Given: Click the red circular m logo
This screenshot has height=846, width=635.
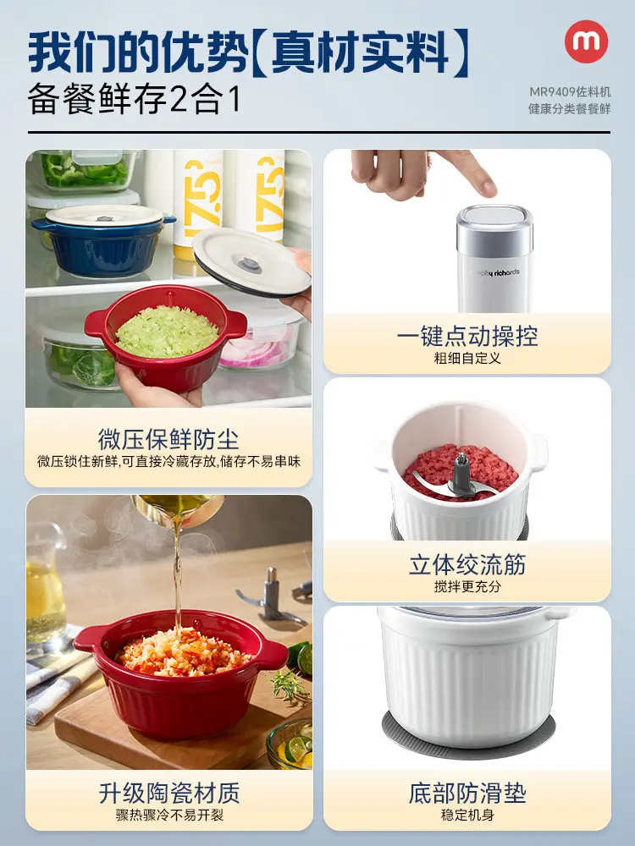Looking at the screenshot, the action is click(587, 41).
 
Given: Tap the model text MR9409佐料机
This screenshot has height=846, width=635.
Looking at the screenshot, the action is click(570, 91).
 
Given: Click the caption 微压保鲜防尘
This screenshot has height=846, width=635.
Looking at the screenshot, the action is click(168, 439).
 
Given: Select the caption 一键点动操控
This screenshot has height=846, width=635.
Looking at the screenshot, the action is click(467, 336).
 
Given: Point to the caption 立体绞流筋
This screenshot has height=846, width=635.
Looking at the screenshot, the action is click(467, 565).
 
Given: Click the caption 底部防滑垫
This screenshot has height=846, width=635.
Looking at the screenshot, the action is click(467, 794).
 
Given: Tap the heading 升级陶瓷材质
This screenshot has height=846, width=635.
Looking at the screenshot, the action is click(169, 794).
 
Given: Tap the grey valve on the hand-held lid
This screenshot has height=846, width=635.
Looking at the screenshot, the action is click(249, 264).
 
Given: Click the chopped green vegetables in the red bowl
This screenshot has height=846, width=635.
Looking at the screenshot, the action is click(167, 332).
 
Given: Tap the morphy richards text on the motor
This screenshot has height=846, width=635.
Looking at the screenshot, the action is click(494, 272).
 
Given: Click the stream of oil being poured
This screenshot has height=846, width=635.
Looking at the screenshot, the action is click(177, 572).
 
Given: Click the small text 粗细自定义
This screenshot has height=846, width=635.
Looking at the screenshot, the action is click(467, 358).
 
